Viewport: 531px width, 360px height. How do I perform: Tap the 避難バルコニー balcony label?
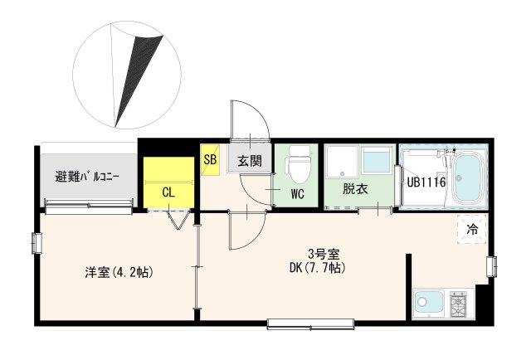87,177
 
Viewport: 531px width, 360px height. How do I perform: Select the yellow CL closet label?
168,192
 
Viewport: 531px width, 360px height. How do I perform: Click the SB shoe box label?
210,158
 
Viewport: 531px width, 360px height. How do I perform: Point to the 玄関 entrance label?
250,161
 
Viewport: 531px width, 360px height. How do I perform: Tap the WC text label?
298,194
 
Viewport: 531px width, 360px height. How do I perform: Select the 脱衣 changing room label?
355,188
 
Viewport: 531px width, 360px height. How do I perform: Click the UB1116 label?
426,182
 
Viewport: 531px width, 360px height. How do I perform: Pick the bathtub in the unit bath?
467,178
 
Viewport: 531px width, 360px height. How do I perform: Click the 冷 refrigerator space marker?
472,229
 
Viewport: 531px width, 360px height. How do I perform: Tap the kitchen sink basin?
428,303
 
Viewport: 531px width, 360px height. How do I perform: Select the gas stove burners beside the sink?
458,304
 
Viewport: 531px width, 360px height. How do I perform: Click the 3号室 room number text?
324,253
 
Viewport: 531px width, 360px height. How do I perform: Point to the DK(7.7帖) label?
318,268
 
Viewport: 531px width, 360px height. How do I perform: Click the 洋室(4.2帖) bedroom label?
119,272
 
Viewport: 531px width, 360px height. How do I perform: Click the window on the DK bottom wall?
311,324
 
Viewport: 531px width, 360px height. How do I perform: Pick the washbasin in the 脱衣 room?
378,161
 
